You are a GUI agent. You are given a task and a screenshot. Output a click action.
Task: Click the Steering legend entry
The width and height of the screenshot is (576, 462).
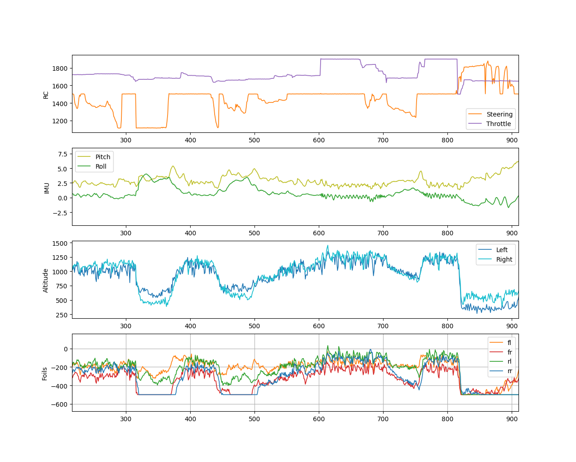click(490, 114)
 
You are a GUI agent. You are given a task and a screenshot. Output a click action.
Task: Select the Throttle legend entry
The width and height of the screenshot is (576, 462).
click(490, 124)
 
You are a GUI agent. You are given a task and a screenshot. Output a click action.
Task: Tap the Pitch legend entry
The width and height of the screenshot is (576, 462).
click(94, 157)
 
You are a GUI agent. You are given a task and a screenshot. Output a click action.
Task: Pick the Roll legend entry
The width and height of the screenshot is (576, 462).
click(92, 166)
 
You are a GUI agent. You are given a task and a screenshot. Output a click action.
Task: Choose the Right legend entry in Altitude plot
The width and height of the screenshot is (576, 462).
click(495, 259)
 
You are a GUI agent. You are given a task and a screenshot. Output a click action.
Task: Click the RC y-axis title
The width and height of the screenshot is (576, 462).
click(46, 95)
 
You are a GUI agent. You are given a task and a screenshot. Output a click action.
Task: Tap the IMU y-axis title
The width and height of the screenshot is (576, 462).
click(47, 188)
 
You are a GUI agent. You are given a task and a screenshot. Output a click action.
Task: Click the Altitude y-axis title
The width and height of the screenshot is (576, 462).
click(45, 281)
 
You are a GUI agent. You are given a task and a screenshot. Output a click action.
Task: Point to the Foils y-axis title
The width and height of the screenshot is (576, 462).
click(44, 374)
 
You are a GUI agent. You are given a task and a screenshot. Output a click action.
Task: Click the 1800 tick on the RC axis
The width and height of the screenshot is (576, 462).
click(60, 68)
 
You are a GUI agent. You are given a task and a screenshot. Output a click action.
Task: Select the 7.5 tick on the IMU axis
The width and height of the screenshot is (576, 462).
click(63, 154)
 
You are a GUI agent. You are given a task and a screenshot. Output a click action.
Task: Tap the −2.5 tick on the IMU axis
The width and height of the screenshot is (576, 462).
click(60, 213)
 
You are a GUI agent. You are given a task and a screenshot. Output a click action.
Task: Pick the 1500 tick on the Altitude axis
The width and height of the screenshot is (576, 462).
click(60, 243)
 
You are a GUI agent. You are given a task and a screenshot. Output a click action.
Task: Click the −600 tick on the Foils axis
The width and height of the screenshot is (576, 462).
click(59, 404)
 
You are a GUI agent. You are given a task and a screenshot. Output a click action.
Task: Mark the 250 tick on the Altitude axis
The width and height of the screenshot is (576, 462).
click(62, 315)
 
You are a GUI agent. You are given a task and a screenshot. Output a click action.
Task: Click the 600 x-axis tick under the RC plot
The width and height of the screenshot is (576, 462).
click(319, 140)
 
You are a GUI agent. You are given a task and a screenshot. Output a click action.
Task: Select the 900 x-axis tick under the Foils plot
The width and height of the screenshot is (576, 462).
click(512, 419)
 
